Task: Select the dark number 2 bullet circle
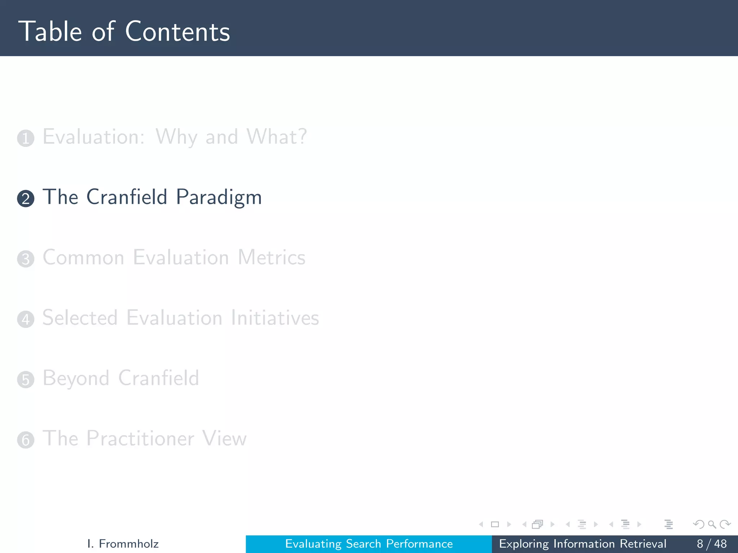(26, 199)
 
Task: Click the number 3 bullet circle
(26, 259)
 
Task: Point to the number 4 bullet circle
(26, 319)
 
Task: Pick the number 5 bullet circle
(26, 379)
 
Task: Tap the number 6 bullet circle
(26, 440)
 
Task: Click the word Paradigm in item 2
(219, 197)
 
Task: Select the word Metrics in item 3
(271, 257)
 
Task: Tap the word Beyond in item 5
(76, 378)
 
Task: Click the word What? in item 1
(276, 137)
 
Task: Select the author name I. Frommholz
(123, 544)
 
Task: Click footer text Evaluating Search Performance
(369, 544)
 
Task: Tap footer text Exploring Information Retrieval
(582, 544)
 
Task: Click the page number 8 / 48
(711, 544)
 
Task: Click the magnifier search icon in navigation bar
(712, 524)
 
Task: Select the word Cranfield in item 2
(127, 197)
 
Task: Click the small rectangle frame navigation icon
(495, 524)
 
